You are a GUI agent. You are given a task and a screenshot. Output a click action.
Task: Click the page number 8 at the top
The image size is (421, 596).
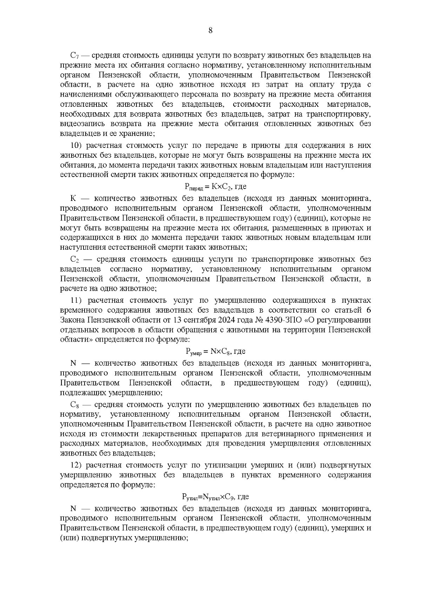210,31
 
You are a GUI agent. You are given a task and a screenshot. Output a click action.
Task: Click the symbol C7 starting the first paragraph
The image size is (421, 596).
75,55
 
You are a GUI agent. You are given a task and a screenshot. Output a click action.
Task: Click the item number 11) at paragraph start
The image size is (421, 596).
76,301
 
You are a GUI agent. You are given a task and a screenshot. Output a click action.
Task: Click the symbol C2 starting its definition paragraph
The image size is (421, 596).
75,260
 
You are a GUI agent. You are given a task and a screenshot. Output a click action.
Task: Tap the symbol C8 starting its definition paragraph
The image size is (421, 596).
75,405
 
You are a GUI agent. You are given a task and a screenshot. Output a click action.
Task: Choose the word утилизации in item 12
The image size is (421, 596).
223,465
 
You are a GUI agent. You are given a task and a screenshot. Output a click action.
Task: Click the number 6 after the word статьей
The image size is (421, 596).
368,310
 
